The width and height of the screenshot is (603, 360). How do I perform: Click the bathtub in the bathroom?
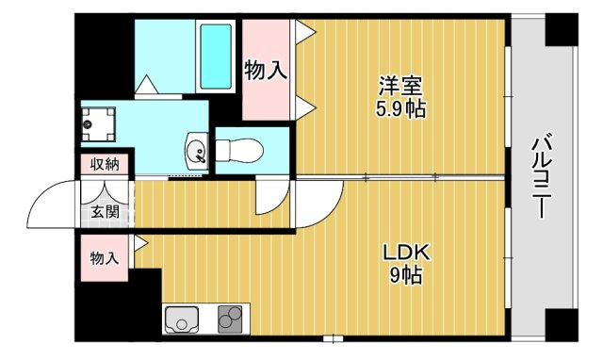point(216,57)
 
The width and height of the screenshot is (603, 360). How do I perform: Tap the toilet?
point(239,150)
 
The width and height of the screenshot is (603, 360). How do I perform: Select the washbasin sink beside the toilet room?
point(197,151)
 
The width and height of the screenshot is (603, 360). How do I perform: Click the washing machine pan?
point(98,124)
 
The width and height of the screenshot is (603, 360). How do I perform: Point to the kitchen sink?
point(182,319)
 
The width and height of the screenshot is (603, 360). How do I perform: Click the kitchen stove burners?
point(230,319)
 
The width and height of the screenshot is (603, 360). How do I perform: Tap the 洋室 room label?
point(400,86)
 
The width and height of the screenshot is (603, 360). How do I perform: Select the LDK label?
point(406,253)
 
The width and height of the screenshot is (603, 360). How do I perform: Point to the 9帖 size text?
point(406,275)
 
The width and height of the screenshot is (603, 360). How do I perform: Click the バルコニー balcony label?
point(543,175)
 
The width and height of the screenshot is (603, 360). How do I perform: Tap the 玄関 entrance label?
point(105,211)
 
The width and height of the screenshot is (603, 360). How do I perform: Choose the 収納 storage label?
point(105,164)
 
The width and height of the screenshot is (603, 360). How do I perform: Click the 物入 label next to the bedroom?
point(266,71)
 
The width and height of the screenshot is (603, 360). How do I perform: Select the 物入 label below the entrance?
point(105,258)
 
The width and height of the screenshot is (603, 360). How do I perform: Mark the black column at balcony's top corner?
point(562,29)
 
